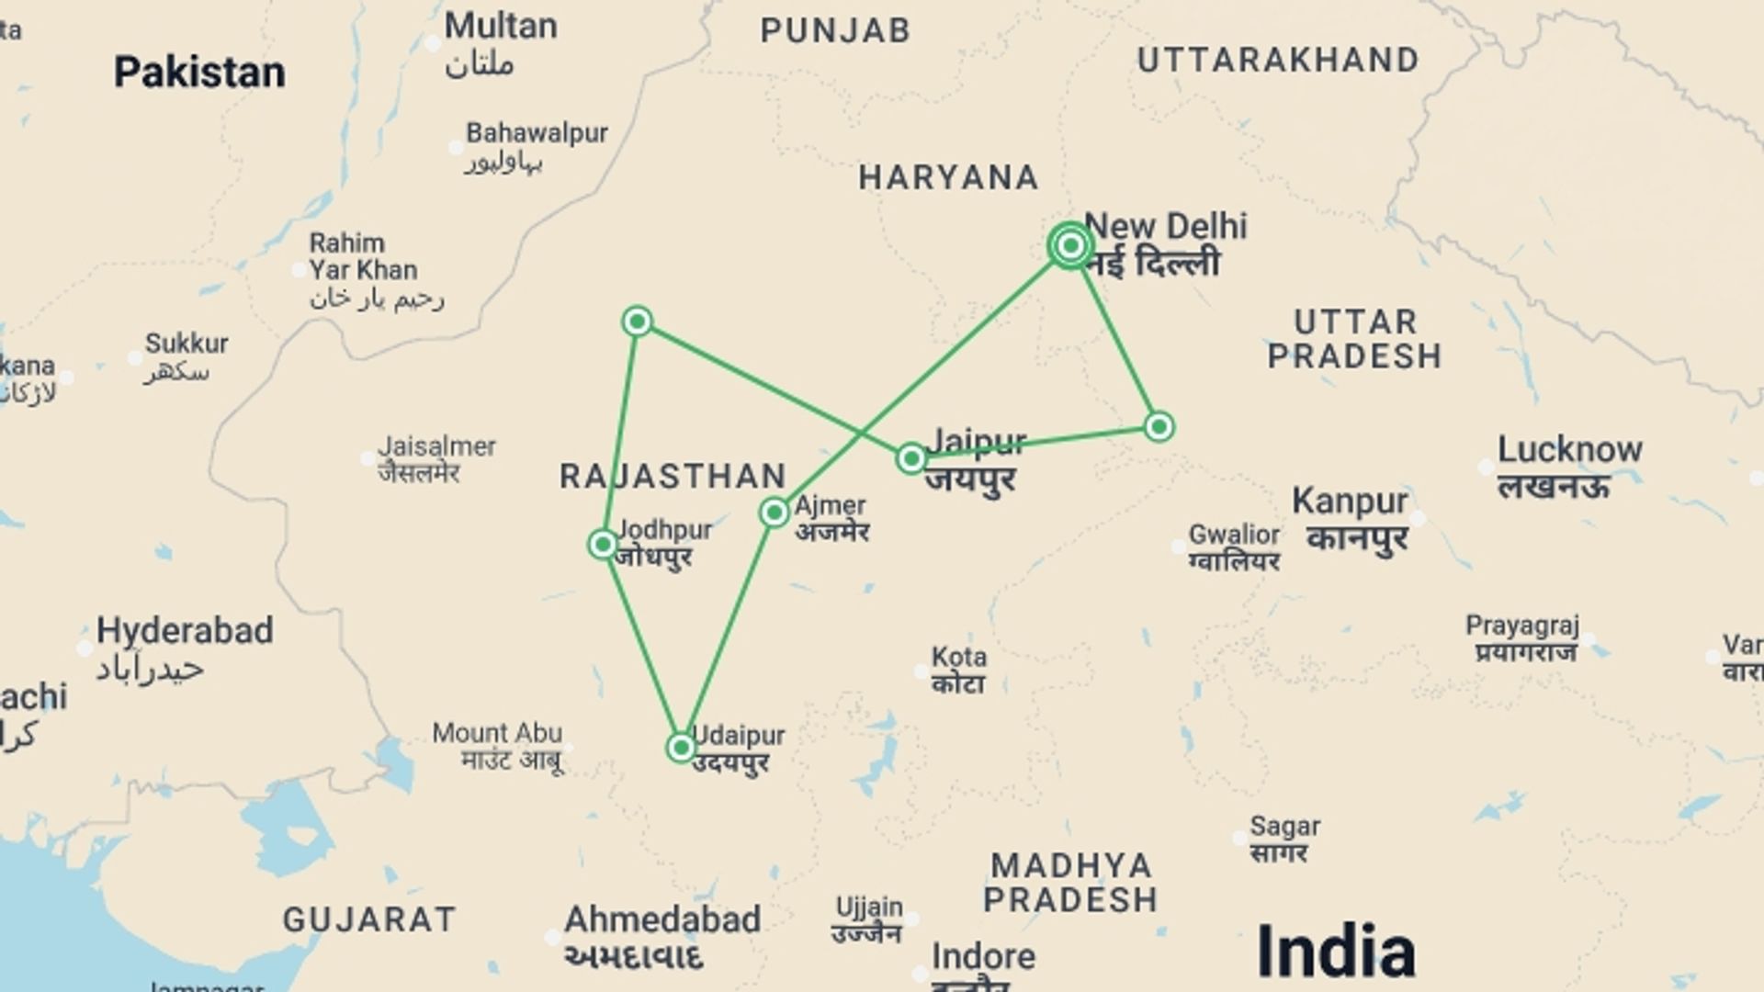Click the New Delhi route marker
click(1069, 245)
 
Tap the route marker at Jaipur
click(910, 457)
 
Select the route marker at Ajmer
click(775, 512)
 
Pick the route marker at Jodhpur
click(603, 545)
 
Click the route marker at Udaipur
click(681, 748)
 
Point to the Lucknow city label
click(1569, 450)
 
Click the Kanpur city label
click(1350, 502)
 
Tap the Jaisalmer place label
click(436, 447)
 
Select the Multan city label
click(501, 26)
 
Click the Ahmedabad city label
click(662, 919)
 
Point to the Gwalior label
click(1234, 534)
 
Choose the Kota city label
click(959, 658)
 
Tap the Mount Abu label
click(497, 733)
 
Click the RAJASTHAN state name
click(673, 476)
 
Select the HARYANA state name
click(949, 177)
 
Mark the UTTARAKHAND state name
click(1278, 61)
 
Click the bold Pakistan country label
click(199, 73)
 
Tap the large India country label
click(1335, 951)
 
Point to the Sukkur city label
click(187, 344)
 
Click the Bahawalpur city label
click(537, 133)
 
